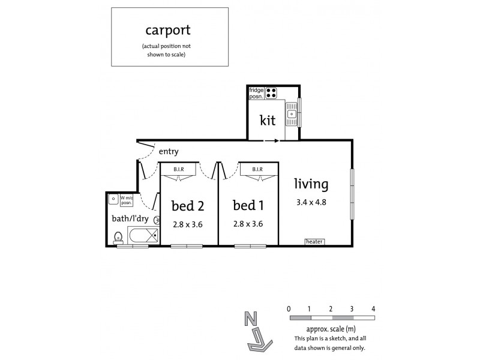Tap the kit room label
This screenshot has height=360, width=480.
tap(268, 120)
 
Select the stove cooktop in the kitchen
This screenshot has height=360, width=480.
tap(271, 93)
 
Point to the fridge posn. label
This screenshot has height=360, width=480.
tap(257, 93)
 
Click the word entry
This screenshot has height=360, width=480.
tap(169, 152)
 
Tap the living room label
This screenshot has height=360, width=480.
tap(310, 184)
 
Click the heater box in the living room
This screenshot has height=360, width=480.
tap(314, 242)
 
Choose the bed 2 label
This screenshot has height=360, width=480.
tap(188, 206)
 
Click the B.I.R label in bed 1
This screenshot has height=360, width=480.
tap(258, 170)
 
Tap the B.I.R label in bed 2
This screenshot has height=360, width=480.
tap(179, 170)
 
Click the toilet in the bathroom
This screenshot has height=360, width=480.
tap(119, 237)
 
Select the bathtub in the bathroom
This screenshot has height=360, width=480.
tap(143, 236)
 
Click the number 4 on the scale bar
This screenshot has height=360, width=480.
tap(373, 308)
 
